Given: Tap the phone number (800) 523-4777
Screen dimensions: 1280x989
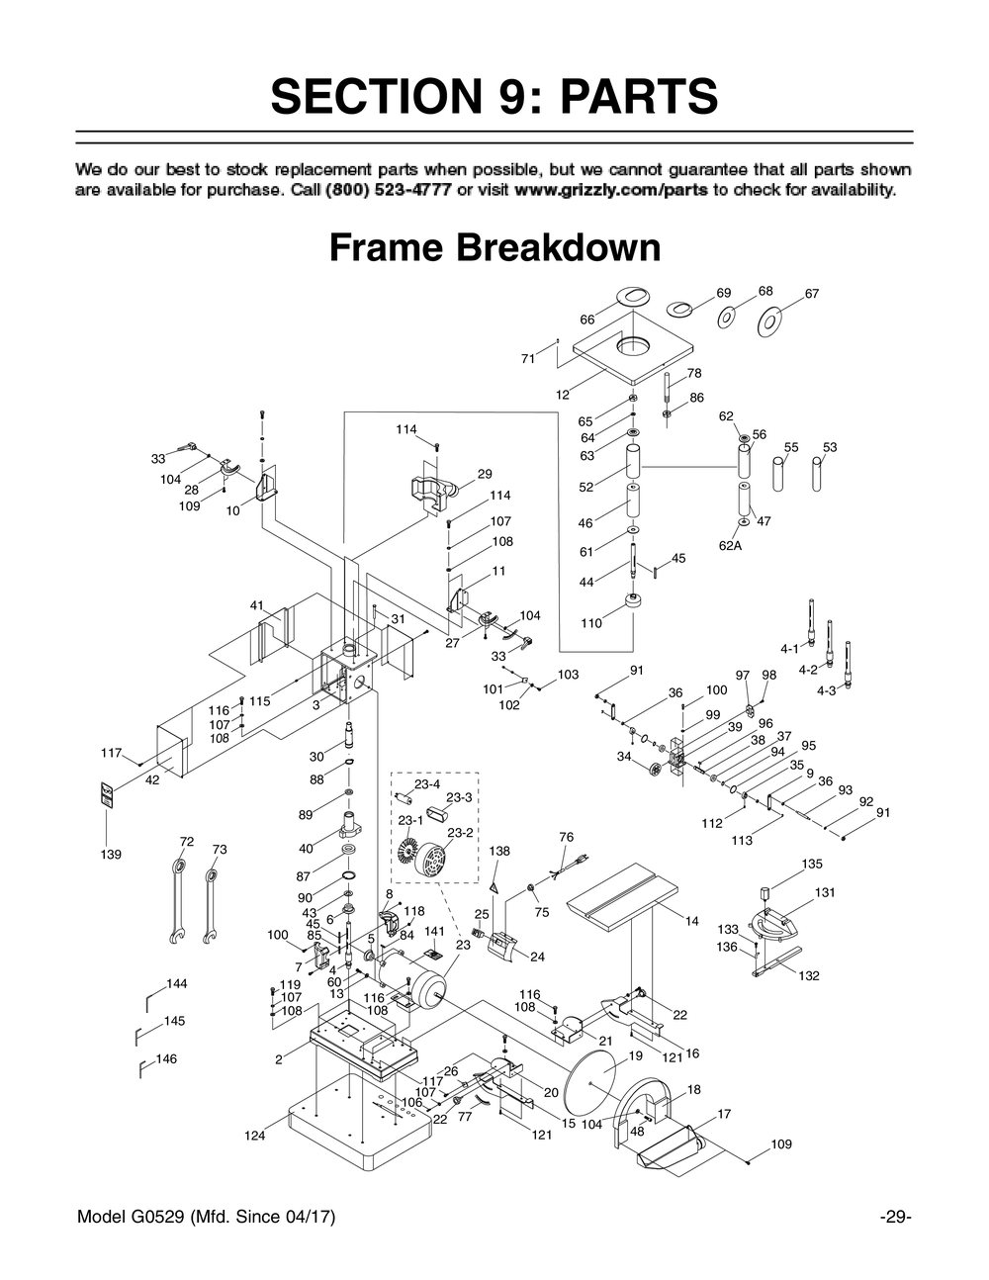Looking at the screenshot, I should [388, 189].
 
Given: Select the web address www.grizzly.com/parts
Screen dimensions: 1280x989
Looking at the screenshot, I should [610, 189].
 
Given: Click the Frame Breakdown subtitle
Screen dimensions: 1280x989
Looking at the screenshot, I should [494, 247].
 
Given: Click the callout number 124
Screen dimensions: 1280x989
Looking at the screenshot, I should [255, 1136].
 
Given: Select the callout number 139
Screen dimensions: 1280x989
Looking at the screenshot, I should [111, 854].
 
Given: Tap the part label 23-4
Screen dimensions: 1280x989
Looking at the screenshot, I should [427, 784].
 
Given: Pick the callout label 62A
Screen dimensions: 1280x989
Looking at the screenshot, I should [730, 544].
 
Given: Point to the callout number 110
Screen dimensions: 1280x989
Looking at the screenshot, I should [591, 623].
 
